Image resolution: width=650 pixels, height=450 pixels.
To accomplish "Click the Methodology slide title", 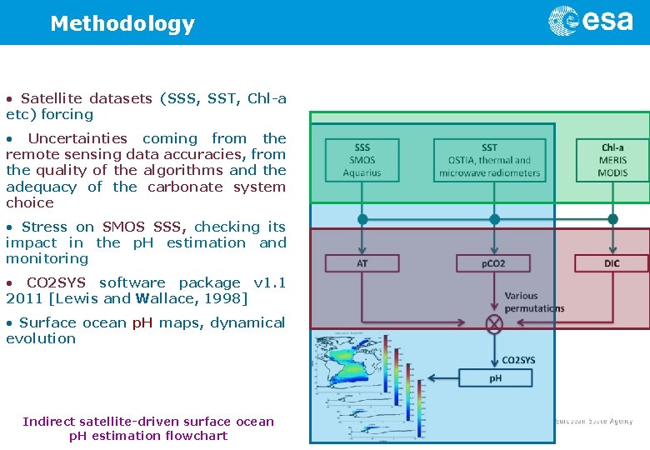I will tap(122, 23).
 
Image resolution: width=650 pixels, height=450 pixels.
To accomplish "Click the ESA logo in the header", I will tap(590, 21).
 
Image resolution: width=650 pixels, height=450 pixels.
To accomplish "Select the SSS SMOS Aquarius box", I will tap(362, 160).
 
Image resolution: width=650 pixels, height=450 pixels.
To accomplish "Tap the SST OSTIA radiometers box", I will tap(489, 160).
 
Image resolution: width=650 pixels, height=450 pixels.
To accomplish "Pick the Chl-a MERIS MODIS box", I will tap(612, 160).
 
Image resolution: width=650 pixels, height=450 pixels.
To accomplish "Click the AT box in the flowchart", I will tap(362, 263).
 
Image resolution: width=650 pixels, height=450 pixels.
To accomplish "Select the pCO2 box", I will tap(493, 263).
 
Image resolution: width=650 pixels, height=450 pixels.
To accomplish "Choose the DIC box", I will tap(612, 263).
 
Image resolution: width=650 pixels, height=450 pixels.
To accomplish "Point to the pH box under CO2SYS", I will tap(495, 378).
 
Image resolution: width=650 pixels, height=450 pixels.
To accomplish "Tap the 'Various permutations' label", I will tap(534, 302).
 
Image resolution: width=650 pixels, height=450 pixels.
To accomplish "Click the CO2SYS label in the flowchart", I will tap(518, 360).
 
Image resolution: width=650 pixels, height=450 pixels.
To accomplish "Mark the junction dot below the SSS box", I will tap(362, 220).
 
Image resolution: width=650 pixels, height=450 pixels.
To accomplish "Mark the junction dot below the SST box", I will tap(494, 220).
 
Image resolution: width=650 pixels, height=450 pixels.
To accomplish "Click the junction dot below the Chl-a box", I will tap(613, 220).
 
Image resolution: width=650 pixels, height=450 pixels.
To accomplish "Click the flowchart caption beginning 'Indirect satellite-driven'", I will tap(148, 428).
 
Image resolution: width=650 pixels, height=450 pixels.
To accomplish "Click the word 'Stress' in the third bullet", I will tap(46, 227).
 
